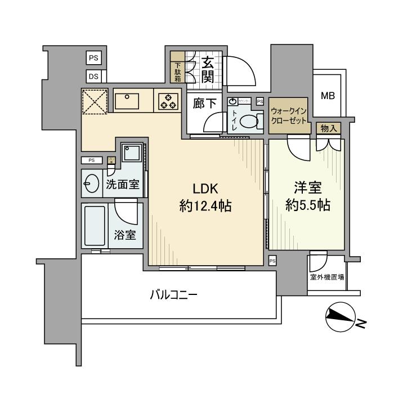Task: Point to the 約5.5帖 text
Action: click(307, 206)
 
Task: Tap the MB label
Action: click(328, 96)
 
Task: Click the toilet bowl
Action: click(249, 120)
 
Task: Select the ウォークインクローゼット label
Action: click(289, 116)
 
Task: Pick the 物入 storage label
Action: click(329, 128)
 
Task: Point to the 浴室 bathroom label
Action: click(125, 234)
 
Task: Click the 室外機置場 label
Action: click(327, 277)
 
